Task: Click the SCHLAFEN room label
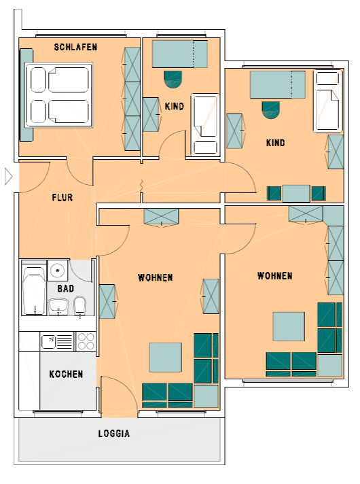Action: tap(75, 47)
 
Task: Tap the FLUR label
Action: tap(62, 197)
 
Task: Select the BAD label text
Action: tap(66, 289)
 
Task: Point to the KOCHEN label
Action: tap(66, 374)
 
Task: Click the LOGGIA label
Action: tap(114, 434)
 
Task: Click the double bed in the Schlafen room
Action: tap(59, 94)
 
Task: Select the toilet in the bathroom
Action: tap(80, 306)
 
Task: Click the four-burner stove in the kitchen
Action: tap(86, 341)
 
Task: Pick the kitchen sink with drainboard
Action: tap(57, 341)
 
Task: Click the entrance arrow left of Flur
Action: tap(8, 177)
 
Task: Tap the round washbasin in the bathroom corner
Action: tap(57, 271)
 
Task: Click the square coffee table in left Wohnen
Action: tap(165, 358)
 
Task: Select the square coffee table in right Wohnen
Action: tap(289, 326)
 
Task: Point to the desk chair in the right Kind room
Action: tap(271, 110)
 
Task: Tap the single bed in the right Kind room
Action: tap(328, 101)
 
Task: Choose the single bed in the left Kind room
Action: tap(205, 124)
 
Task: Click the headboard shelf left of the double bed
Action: tap(26, 94)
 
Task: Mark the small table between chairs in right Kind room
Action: tap(296, 194)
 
